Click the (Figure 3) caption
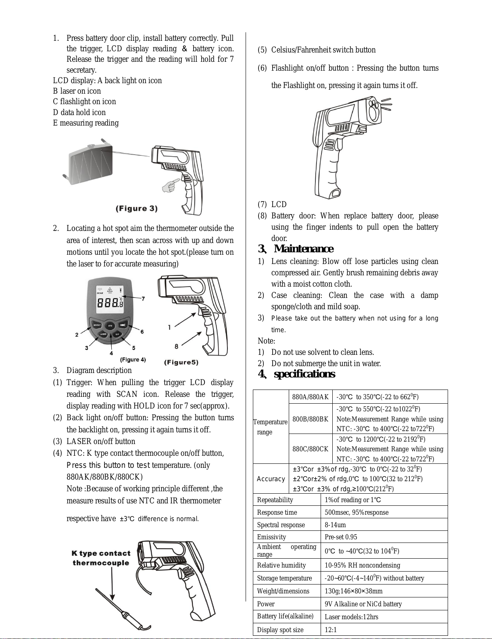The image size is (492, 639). point(137,209)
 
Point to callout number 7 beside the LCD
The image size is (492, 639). point(143,299)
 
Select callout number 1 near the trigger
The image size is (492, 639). point(169,327)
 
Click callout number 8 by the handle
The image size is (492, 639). point(176,346)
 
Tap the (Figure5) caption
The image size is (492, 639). point(181,362)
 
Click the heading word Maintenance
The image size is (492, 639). point(304,249)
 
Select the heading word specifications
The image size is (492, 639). point(304,374)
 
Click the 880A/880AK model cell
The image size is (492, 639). point(311,397)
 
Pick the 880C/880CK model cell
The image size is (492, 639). point(311,449)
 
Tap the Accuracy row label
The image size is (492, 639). point(271,479)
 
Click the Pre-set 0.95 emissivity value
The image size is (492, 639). point(341,537)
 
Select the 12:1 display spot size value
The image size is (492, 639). point(331,630)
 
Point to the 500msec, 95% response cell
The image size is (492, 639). point(356,512)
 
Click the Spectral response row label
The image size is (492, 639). point(281,525)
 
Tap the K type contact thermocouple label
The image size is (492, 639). point(101,558)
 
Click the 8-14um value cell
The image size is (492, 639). point(335,525)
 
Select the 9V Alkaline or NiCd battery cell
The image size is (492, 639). point(363,604)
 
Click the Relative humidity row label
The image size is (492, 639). point(281,565)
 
